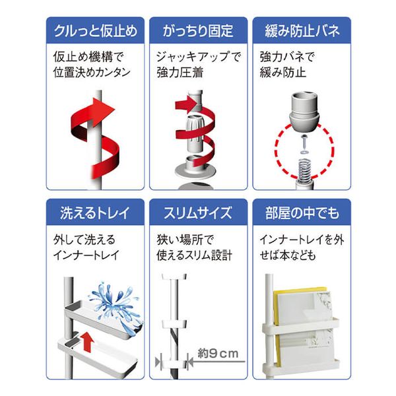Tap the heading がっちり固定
point(197,30)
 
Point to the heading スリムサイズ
point(197,213)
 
